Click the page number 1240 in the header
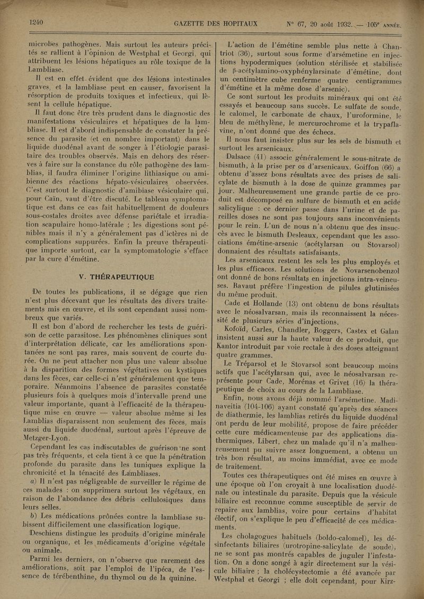37,22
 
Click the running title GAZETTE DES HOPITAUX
216,23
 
